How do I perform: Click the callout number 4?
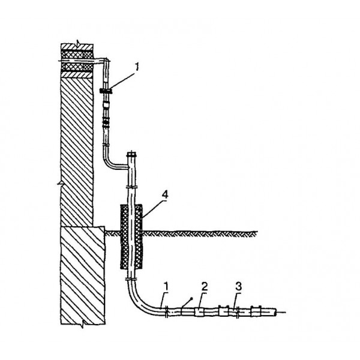coord(165,194)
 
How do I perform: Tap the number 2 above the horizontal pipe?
coord(205,287)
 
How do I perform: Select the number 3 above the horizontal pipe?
coord(238,287)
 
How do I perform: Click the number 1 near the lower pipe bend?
coord(166,287)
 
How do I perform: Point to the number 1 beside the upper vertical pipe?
coord(137,67)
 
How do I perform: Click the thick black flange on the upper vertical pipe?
coord(106,91)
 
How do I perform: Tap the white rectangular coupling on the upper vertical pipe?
coord(106,104)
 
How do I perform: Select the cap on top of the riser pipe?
coord(131,154)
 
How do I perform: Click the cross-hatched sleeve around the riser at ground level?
coord(131,237)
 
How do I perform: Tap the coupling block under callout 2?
coord(199,312)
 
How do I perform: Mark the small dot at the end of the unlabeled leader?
coord(191,298)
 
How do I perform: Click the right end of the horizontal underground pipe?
coord(275,312)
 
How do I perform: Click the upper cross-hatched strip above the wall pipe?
coord(77,55)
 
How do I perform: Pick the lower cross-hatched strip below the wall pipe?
coord(77,67)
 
